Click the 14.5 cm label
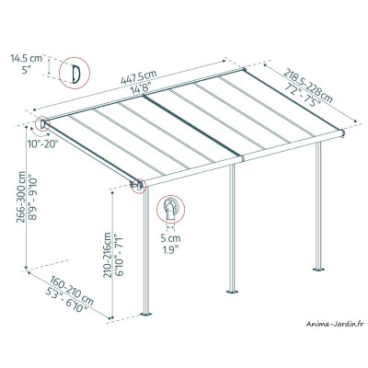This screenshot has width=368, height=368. coord(27,58)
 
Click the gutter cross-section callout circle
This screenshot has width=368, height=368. coord(170,211)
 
